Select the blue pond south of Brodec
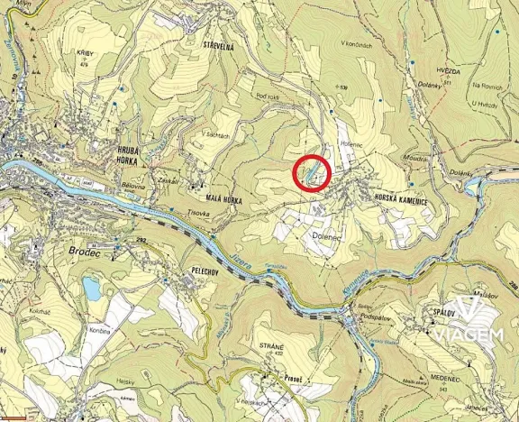click(x=92, y=289)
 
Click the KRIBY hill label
click(x=86, y=54)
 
